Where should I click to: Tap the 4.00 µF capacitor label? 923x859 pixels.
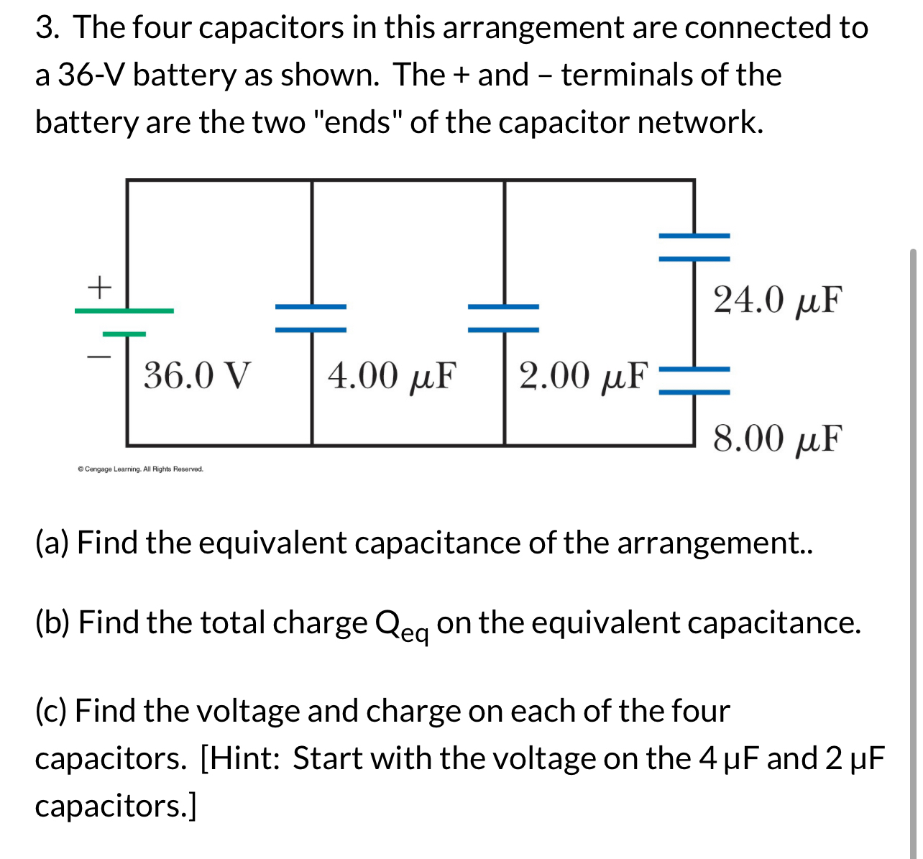[x=392, y=375]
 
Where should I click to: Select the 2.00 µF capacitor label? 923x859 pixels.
[x=583, y=375]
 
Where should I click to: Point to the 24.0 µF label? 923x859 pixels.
[x=776, y=300]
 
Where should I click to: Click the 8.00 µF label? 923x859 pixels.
[x=776, y=438]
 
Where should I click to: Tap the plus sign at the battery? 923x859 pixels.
[x=100, y=287]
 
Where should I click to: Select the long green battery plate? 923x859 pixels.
[x=124, y=311]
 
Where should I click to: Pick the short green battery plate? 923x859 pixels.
[x=124, y=334]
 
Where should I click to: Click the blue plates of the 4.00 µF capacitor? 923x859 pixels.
[x=311, y=318]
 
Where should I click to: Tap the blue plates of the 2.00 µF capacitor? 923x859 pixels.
[x=503, y=318]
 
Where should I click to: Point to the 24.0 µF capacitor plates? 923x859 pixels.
[x=694, y=247]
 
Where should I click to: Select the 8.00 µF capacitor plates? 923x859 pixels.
[x=694, y=380]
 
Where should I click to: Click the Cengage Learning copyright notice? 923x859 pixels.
[x=141, y=469]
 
